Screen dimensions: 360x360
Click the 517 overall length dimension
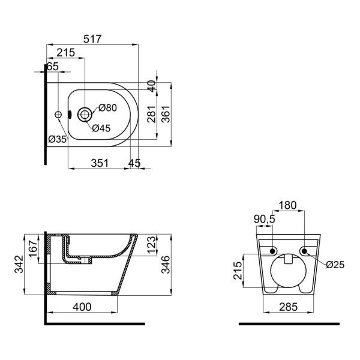tap(92, 39)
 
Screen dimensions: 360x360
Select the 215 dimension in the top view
tap(65, 53)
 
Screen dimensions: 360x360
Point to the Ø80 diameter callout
tap(107, 107)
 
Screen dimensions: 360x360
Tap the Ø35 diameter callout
tap(58, 139)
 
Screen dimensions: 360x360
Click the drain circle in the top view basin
tap(85, 115)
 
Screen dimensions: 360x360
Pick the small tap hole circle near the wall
tap(58, 115)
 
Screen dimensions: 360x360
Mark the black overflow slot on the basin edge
tap(70, 115)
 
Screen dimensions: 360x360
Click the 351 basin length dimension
tap(100, 163)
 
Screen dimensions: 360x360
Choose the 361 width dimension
tap(166, 114)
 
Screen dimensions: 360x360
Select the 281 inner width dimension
tap(152, 114)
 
